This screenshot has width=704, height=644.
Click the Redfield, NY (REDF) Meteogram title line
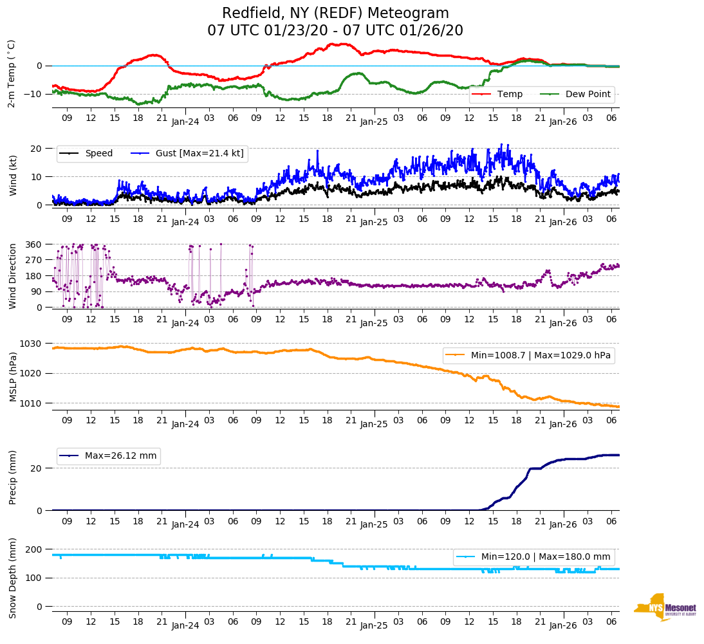(x=335, y=14)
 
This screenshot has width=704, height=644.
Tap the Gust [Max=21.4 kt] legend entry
(x=199, y=154)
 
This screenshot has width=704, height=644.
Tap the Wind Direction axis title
(x=12, y=276)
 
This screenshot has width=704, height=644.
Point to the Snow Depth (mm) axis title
(x=12, y=577)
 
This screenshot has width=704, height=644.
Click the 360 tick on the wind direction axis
(x=33, y=244)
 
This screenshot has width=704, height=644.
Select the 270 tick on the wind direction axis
(x=33, y=260)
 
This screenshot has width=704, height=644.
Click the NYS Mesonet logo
(x=665, y=607)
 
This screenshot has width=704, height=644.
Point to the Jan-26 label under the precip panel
(x=563, y=524)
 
